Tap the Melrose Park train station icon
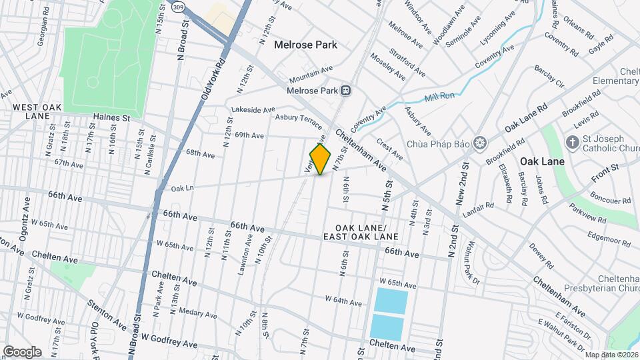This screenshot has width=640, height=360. click(346, 90)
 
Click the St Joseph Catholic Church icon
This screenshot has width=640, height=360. click(571, 142)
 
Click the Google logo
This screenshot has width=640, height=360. click(22, 351)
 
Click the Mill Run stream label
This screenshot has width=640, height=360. click(439, 97)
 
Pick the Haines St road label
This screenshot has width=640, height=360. click(111, 117)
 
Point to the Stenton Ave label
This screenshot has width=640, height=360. click(107, 315)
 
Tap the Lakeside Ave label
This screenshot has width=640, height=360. click(253, 110)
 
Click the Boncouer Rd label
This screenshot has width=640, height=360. click(609, 201)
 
